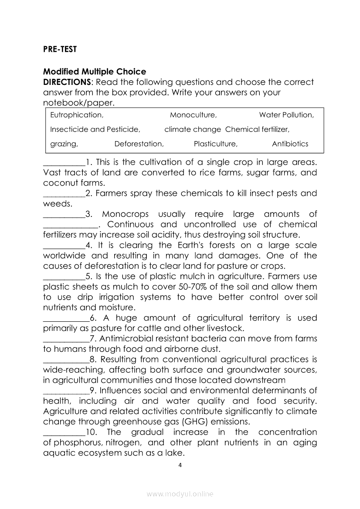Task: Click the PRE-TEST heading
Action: [60, 50]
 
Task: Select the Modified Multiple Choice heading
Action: [95, 72]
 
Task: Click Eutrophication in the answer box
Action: [77, 115]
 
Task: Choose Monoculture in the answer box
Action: [193, 115]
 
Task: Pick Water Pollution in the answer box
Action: [286, 115]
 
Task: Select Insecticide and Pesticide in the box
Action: [95, 129]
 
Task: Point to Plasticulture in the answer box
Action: [215, 144]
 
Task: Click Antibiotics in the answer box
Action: [290, 144]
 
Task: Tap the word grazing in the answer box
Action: [64, 144]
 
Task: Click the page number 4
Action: [180, 465]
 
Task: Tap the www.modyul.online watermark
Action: [180, 494]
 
